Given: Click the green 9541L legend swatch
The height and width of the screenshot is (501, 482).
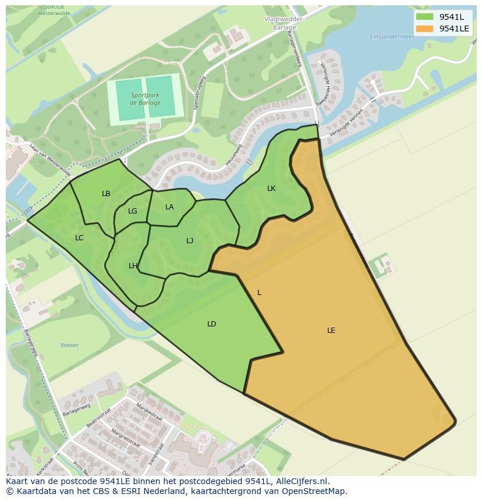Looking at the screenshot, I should pyautogui.click(x=424, y=17).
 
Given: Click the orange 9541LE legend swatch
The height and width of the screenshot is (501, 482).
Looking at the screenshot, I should pyautogui.click(x=424, y=29).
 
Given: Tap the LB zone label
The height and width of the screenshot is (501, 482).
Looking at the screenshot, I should pyautogui.click(x=106, y=194).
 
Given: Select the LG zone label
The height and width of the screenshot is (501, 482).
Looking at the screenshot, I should pyautogui.click(x=133, y=211).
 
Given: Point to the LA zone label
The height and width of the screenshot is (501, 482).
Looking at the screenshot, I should pyautogui.click(x=169, y=207).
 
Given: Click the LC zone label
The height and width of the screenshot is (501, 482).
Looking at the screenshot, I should pyautogui.click(x=79, y=237).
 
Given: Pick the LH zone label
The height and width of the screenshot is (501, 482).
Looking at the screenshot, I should pyautogui.click(x=133, y=266).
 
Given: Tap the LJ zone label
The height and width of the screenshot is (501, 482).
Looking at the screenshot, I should pyautogui.click(x=190, y=240).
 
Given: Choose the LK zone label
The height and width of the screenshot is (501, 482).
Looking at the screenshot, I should pyautogui.click(x=271, y=189).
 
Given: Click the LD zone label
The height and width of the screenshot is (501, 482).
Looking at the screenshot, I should pyautogui.click(x=211, y=324).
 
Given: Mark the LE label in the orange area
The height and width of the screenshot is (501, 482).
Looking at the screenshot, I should pyautogui.click(x=331, y=331).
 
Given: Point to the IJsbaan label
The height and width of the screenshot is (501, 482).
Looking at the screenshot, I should pyautogui.click(x=69, y=345).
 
